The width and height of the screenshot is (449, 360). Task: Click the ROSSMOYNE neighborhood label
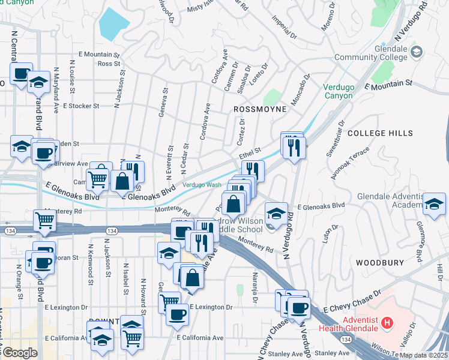point(258,110)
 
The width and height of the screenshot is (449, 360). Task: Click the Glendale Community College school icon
point(416,53)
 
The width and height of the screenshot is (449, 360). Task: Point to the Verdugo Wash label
point(202,185)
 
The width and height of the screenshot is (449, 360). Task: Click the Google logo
point(19,353)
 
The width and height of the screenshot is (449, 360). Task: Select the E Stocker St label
point(80,106)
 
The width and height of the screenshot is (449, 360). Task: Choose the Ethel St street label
point(252,153)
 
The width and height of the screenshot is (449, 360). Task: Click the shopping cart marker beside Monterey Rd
point(44,221)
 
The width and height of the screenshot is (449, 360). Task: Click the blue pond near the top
point(114,23)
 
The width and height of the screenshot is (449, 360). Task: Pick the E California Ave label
point(202,338)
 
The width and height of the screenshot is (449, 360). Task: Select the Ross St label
point(109,63)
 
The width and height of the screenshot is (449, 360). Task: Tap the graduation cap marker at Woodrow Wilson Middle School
point(276,213)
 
